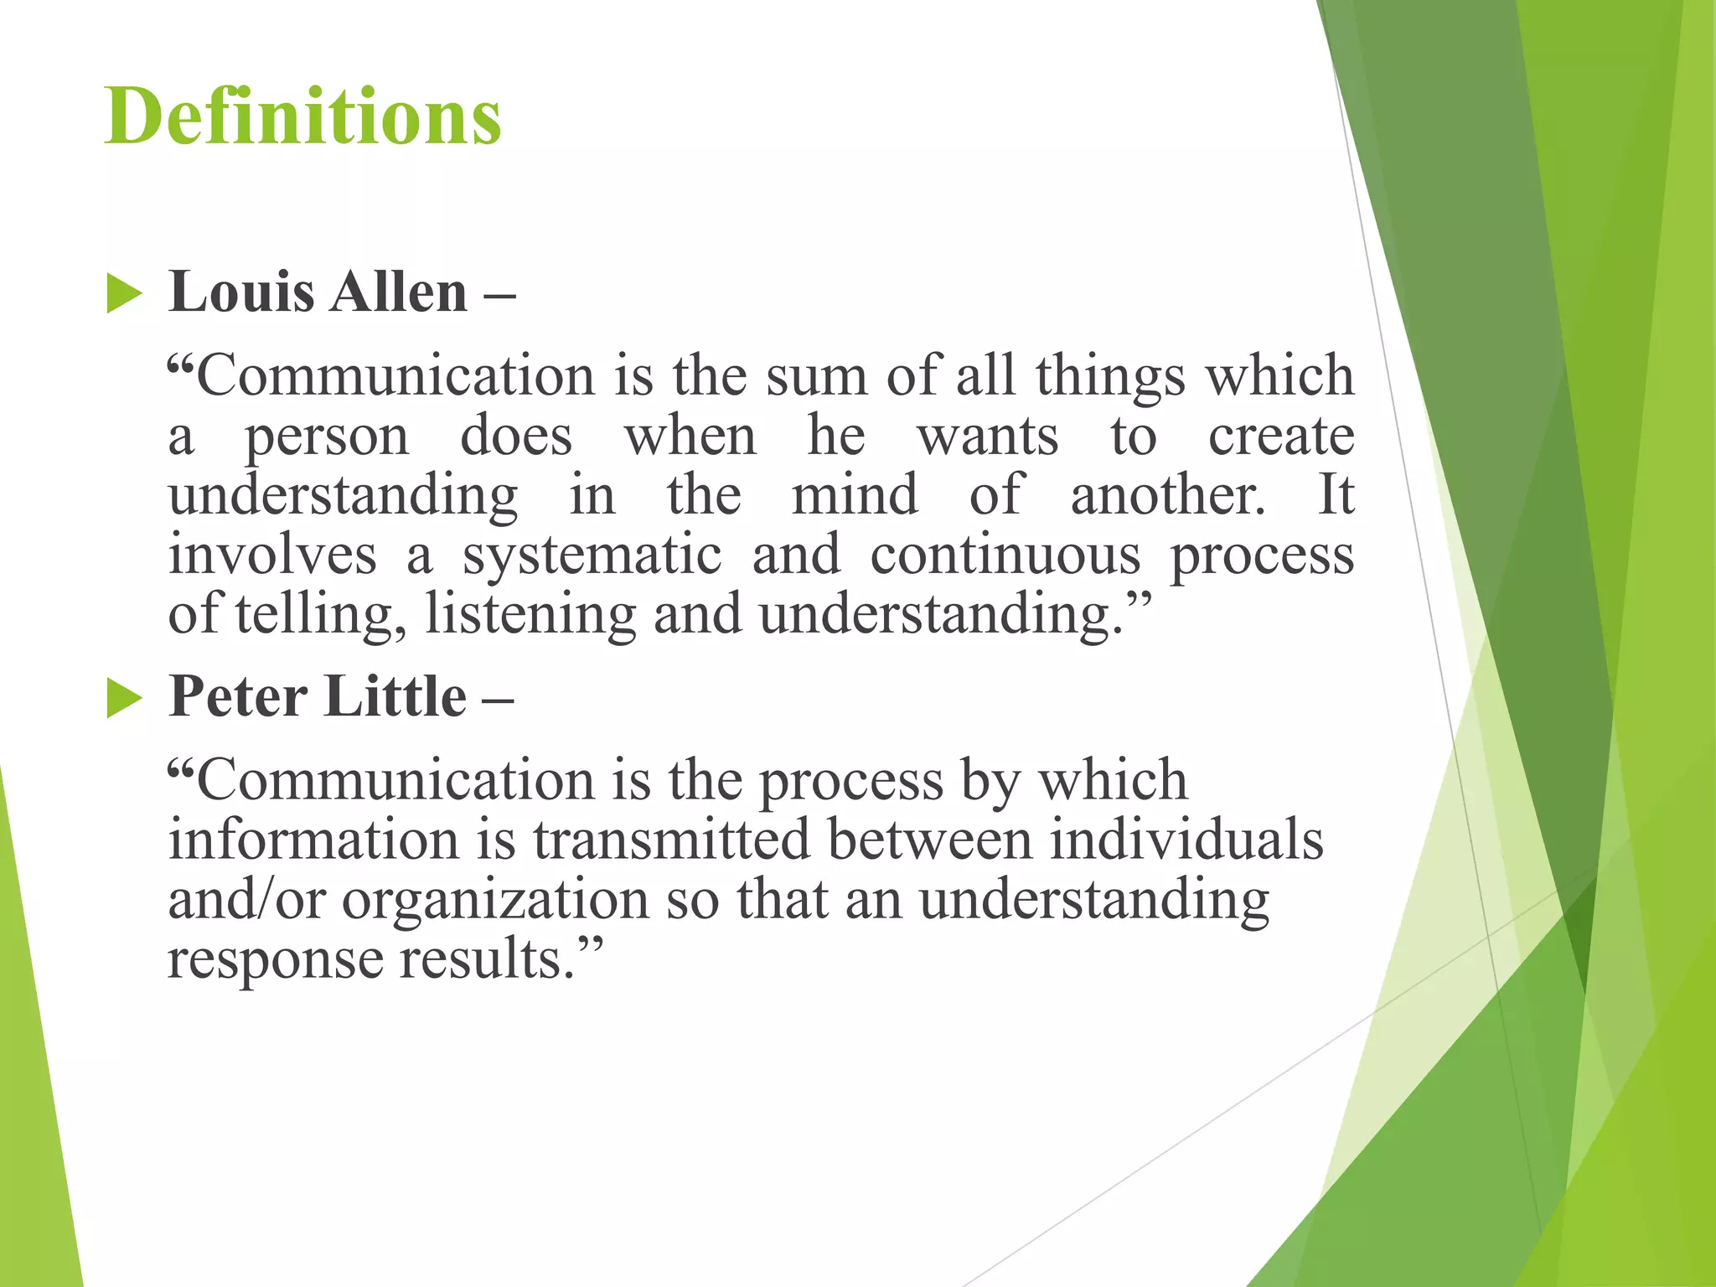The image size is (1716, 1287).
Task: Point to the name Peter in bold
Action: (x=236, y=696)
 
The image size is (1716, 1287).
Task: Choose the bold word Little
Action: (x=395, y=696)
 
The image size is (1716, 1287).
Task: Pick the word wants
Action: (x=988, y=437)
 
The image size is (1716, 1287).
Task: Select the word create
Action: (x=1281, y=437)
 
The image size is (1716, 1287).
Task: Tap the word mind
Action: (x=855, y=495)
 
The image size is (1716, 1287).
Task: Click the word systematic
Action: (x=592, y=556)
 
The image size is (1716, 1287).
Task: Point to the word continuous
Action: (x=1005, y=556)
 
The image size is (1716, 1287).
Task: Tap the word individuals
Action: (x=1187, y=840)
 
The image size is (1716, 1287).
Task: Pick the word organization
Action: (x=495, y=900)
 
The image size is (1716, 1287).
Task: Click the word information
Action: (x=314, y=840)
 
